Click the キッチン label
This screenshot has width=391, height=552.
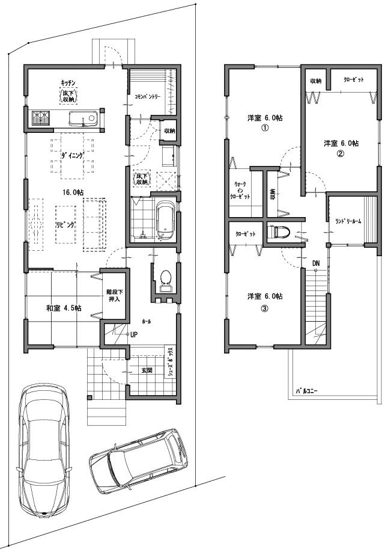tap(67, 82)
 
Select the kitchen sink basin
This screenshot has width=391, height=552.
tap(81, 117)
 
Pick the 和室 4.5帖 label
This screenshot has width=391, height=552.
tap(64, 308)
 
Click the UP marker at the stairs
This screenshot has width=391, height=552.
tap(135, 335)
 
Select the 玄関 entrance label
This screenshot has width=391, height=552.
tap(145, 370)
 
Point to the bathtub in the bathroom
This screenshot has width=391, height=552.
tap(165, 219)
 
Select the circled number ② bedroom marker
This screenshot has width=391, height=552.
tap(340, 153)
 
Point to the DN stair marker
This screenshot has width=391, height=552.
tap(316, 263)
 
